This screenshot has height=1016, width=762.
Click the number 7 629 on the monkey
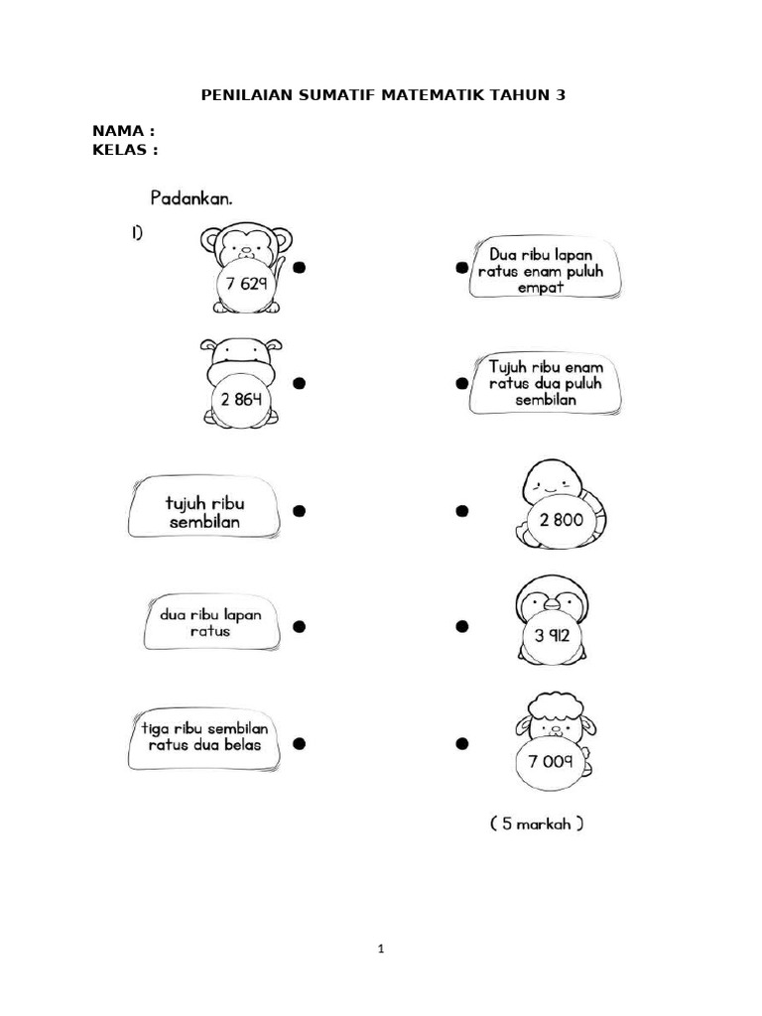[246, 283]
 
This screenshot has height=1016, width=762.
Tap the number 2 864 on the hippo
[241, 399]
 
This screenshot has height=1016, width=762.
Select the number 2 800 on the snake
[562, 520]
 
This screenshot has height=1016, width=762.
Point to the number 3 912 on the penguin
[552, 635]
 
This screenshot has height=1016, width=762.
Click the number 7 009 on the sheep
[550, 761]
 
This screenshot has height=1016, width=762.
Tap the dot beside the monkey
[299, 267]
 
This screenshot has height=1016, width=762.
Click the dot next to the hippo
[299, 384]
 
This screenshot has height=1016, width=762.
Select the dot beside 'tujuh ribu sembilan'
[299, 511]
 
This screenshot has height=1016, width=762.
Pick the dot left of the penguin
[462, 627]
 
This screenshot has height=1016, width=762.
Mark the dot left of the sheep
[462, 743]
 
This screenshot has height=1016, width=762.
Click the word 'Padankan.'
[191, 198]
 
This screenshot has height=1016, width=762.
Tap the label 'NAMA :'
[124, 131]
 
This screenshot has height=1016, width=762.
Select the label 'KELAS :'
[125, 150]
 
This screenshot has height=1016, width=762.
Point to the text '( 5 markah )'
[537, 824]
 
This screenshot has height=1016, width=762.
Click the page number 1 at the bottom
[381, 949]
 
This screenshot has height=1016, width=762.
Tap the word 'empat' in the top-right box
[541, 287]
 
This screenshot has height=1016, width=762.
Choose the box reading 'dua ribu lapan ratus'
[212, 622]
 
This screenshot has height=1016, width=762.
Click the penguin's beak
[552, 604]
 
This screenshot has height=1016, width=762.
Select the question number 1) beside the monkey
[137, 232]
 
